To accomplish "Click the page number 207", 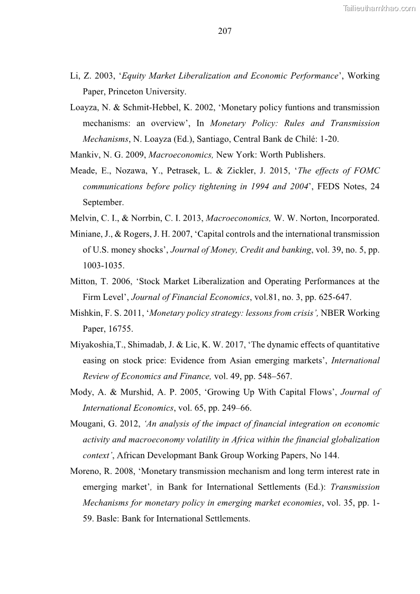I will click(224, 31).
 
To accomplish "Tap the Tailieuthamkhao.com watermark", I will click(379, 8).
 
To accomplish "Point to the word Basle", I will click(107, 519).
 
